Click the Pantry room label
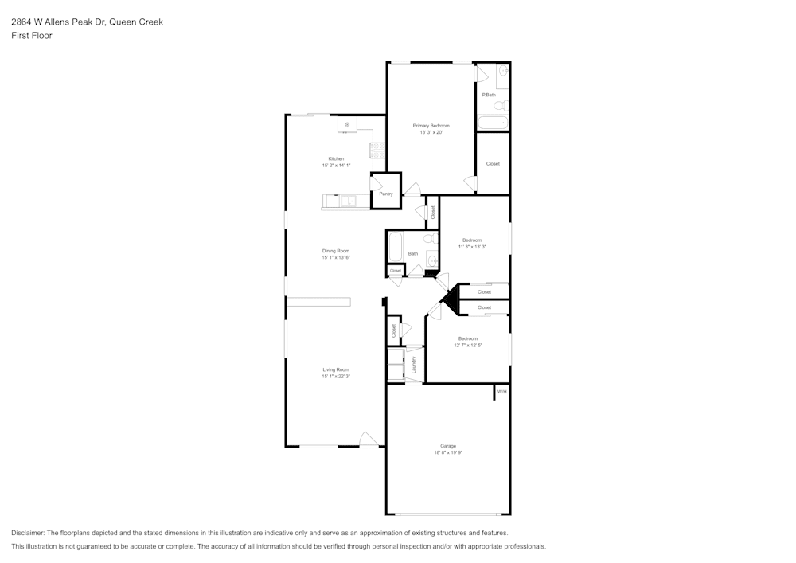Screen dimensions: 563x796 pos(386,194)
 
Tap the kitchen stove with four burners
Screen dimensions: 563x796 pos(377,151)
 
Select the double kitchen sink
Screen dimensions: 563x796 pos(349,201)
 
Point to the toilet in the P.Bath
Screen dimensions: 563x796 pos(501,105)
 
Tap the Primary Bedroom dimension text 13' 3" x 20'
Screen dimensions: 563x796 pos(431,132)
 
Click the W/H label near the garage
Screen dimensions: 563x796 pos(501,392)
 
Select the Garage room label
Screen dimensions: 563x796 pos(448,445)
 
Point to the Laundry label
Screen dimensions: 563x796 pos(415,364)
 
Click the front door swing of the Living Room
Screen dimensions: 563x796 pos(369,440)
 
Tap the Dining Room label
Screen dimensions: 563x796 pos(335,251)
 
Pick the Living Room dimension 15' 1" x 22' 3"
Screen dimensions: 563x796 pos(335,376)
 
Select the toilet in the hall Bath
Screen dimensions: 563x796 pos(429,238)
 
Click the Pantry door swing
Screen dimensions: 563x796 pos(377,183)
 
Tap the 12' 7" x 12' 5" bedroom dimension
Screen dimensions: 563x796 pos(468,345)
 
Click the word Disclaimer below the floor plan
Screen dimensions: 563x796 pos(28,533)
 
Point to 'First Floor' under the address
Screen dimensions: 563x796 pos(32,36)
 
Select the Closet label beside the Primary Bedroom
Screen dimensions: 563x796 pos(493,164)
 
